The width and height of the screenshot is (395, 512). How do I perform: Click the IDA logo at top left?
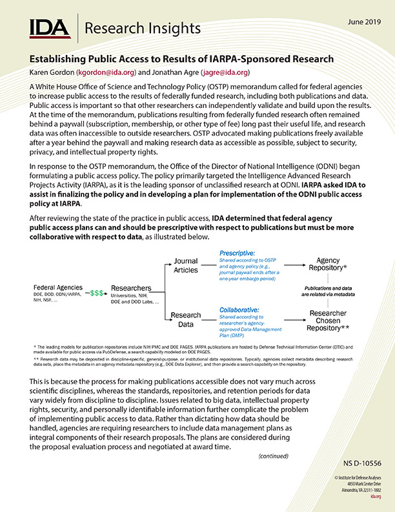50,28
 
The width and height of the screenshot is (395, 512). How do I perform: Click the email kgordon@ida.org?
108,72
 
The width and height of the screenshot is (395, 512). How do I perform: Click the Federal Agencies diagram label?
59,287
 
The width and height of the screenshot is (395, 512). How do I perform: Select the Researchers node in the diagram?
131,288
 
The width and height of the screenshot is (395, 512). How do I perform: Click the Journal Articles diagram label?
186,266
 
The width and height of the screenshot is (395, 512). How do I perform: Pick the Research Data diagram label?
186,320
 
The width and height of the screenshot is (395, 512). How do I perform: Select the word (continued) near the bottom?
274,456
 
